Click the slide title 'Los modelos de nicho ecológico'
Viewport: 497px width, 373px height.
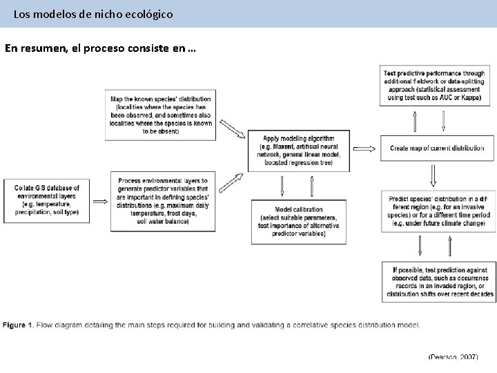click(93, 13)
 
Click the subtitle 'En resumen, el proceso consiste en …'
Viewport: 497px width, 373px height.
click(100, 49)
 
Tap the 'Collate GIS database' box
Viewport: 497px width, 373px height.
click(46, 200)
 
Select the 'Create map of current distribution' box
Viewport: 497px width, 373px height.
click(437, 148)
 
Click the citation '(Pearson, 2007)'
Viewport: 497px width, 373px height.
click(453, 357)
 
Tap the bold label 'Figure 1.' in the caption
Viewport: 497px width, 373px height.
click(17, 325)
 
